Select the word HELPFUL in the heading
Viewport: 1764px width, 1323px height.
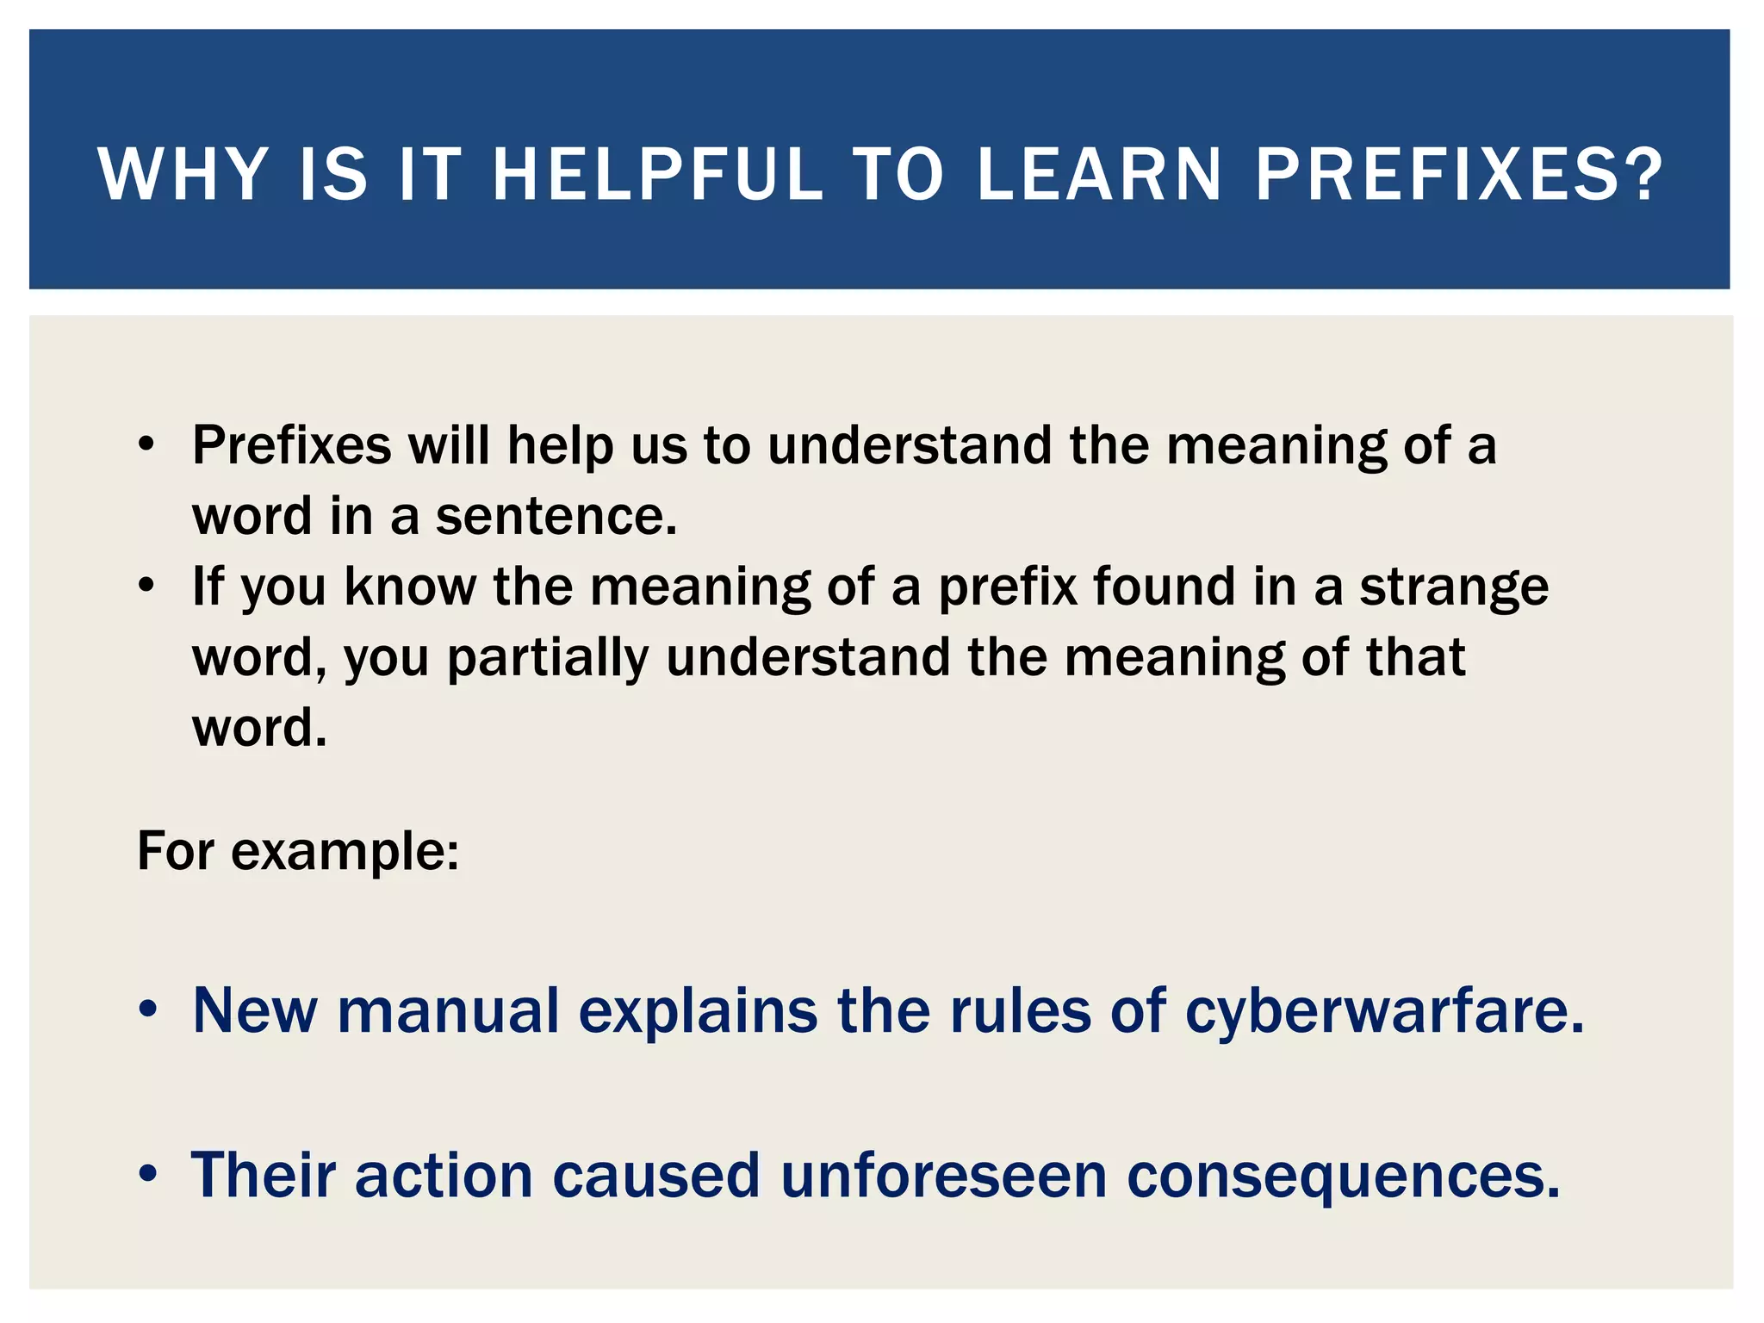(657, 175)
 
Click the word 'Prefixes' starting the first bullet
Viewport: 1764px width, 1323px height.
(291, 446)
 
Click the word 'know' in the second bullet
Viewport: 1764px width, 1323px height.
(410, 587)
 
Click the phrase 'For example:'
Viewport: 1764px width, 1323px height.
(298, 852)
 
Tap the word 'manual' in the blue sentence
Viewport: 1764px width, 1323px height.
(448, 1011)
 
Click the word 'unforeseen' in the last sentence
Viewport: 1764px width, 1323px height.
(943, 1176)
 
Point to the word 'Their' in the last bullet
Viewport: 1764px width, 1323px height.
(264, 1176)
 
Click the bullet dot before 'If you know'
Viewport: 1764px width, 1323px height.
(147, 586)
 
